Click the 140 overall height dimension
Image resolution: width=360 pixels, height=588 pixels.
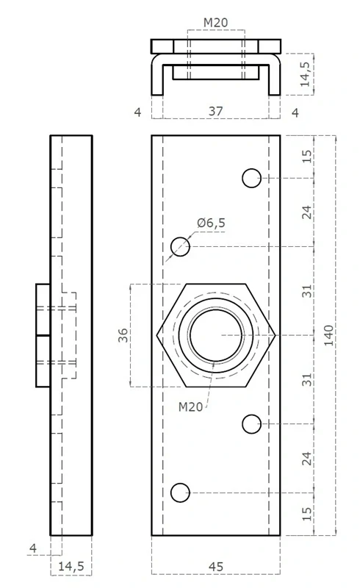point(328,335)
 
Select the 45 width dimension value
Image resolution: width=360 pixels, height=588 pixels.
point(216,567)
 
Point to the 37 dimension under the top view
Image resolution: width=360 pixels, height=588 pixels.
point(215,112)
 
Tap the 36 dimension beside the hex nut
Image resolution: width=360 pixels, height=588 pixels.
point(124,335)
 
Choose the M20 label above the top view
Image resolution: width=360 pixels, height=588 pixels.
point(215,23)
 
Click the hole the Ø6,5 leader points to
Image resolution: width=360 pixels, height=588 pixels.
point(180,247)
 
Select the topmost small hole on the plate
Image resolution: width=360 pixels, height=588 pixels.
point(251,178)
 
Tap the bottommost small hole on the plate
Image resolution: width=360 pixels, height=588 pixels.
point(180,492)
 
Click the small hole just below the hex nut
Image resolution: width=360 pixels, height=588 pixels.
point(251,423)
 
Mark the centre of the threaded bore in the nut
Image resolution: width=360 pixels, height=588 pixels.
point(216,335)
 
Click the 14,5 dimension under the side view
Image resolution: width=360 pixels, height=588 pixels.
point(71,567)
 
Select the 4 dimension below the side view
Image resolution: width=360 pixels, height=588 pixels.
point(33,548)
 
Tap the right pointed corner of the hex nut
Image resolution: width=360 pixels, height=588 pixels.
point(276,335)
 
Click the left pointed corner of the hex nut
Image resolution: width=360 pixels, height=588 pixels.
point(157,335)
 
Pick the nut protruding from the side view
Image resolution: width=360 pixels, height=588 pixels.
point(43,335)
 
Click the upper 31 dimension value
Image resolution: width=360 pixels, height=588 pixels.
point(307,291)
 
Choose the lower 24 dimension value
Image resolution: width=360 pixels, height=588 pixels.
point(307,458)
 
